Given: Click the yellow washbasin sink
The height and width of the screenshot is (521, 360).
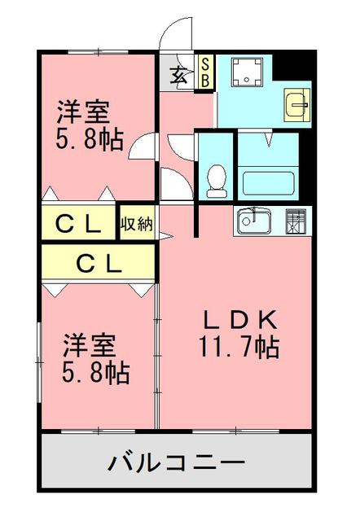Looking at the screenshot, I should click(297, 104).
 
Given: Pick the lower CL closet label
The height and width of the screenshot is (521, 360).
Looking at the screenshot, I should click(99, 263).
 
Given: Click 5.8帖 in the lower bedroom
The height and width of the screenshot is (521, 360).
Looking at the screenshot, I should click(96, 373).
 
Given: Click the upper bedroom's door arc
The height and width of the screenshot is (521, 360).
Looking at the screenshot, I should click(143, 147).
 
